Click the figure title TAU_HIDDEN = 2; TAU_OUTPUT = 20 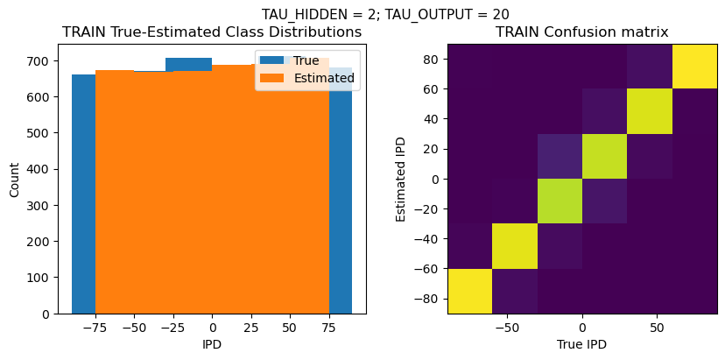pyautogui.click(x=385, y=14)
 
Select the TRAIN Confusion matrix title pyautogui.click(x=582, y=32)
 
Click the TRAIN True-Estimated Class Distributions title pyautogui.click(x=212, y=32)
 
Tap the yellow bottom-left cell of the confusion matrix pyautogui.click(x=470, y=291)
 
